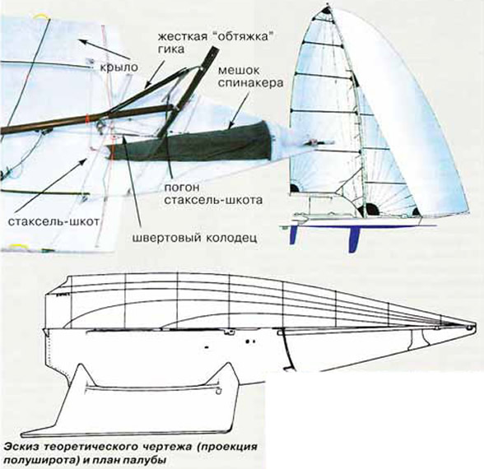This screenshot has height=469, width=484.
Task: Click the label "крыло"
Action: pyautogui.click(x=119, y=67)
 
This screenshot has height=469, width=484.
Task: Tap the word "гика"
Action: pyautogui.click(x=171, y=49)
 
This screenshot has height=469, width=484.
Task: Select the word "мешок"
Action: pyautogui.click(x=239, y=71)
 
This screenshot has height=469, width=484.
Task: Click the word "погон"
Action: pyautogui.click(x=182, y=188)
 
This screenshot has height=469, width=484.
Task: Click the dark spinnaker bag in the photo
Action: pyautogui.click(x=191, y=142)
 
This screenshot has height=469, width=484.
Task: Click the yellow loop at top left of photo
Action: pyautogui.click(x=42, y=17)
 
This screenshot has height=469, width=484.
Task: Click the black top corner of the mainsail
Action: pyautogui.click(x=328, y=10)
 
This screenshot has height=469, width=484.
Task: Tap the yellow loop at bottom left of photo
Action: pyautogui.click(x=18, y=245)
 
